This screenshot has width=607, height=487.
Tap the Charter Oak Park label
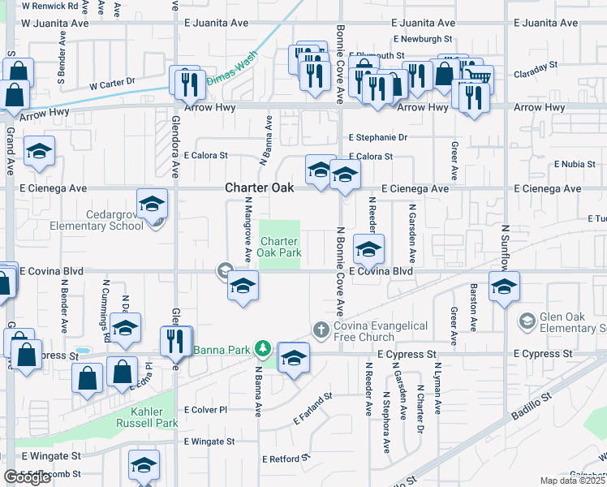pyautogui.click(x=280, y=248)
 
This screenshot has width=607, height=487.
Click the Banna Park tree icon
pyautogui.click(x=262, y=350)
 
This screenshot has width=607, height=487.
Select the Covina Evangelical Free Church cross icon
pyautogui.click(x=321, y=330)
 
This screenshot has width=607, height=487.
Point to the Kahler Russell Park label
pyautogui.click(x=144, y=417)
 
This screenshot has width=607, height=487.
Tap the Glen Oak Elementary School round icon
pyautogui.click(x=527, y=322)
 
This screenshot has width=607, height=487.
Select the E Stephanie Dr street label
pyautogui.click(x=378, y=138)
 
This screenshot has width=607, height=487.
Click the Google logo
pyautogui.click(x=27, y=477)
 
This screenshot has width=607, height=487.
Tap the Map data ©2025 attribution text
pyautogui.click(x=573, y=481)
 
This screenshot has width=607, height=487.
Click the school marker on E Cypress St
pyautogui.click(x=294, y=358)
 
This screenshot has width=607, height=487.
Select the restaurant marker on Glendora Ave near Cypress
pyautogui.click(x=175, y=342)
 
